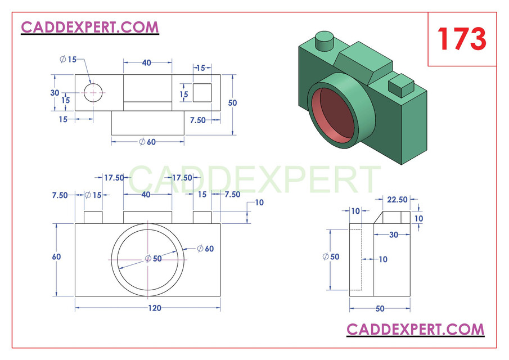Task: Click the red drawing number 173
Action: pos(462,39)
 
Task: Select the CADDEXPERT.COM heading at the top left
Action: pos(90,26)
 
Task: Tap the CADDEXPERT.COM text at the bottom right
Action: pos(415,328)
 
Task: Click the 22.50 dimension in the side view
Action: pos(397,199)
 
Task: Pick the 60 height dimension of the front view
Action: pos(56,256)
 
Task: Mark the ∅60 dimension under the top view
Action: pos(147,142)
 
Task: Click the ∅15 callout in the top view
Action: pos(68,59)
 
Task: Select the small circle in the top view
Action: pos(94,92)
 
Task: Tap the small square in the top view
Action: pos(202,93)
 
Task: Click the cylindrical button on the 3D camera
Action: pos(324,42)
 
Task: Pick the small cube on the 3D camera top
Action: pos(401,86)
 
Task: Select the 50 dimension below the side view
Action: pos(380,308)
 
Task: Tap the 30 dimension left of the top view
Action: pos(55,93)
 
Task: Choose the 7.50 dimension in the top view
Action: pos(199,120)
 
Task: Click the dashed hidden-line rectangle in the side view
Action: pos(355,259)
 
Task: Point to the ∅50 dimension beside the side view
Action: pos(331,256)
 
